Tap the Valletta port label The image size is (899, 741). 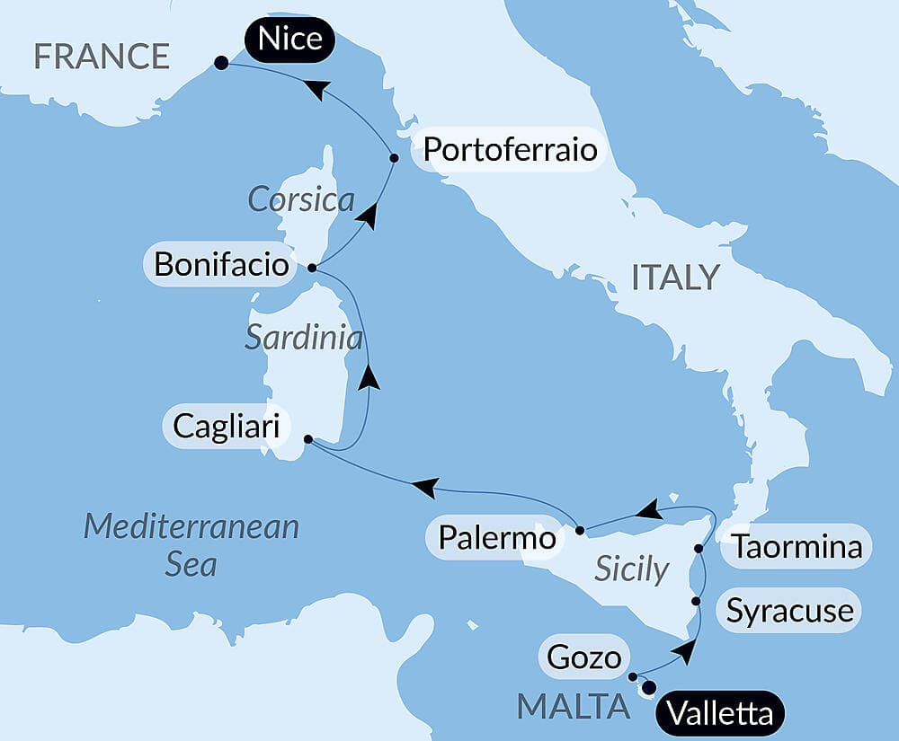[720, 714]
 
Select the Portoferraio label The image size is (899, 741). [510, 149]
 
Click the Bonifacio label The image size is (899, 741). [221, 265]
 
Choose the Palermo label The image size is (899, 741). [497, 538]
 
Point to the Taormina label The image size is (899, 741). [796, 546]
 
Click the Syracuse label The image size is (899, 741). [789, 612]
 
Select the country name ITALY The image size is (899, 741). [675, 278]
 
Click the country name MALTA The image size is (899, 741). [573, 707]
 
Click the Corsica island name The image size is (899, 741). [301, 199]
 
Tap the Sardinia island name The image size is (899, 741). [304, 338]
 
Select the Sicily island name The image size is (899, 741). [632, 569]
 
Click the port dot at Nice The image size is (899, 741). [220, 63]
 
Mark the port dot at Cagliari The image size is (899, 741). [307, 439]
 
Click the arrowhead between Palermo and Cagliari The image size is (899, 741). [424, 488]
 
